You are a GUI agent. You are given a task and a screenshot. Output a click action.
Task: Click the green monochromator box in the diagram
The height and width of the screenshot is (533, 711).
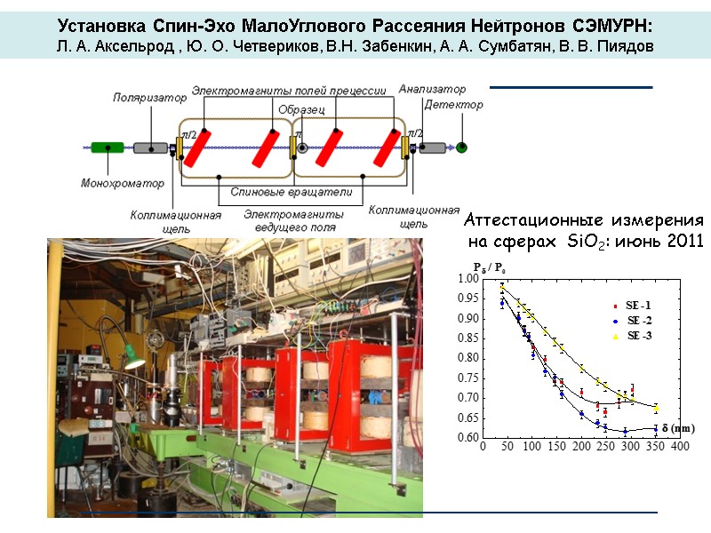[107, 147]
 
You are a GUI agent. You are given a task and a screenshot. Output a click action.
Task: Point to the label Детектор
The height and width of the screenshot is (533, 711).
[454, 105]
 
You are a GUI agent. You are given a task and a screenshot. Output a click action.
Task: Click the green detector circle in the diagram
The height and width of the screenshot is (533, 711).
[461, 147]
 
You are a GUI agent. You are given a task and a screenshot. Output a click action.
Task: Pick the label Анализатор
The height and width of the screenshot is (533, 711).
[433, 89]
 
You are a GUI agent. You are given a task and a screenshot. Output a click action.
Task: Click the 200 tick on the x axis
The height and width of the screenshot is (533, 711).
[581, 446]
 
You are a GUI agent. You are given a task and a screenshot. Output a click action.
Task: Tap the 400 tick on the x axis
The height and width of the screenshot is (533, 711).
[680, 446]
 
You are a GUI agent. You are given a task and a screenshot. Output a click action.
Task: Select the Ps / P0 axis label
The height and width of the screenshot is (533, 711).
[490, 266]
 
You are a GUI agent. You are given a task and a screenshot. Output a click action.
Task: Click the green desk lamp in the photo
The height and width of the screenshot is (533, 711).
[132, 361]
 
